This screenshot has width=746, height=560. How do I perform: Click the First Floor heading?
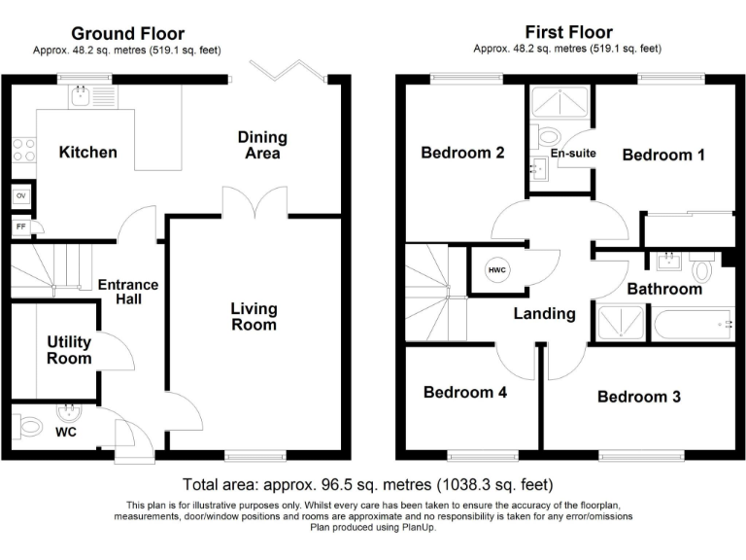coord(566,32)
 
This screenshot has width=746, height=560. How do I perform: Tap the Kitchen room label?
coord(87,152)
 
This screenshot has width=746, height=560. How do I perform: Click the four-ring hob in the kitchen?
coord(23,150)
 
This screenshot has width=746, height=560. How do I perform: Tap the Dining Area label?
coord(259,145)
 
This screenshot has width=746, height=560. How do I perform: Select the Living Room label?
coord(254,316)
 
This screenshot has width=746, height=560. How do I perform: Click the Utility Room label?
coord(69,350)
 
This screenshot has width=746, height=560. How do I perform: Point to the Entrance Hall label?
coord(127,292)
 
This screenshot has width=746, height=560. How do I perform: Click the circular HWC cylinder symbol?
coord(497,269)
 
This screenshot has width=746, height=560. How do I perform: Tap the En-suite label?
coord(573,154)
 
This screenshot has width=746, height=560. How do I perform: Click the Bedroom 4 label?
coord(464,393)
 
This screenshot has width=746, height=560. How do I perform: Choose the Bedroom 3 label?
coord(638,397)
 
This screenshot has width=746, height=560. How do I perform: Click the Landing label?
coord(544,313)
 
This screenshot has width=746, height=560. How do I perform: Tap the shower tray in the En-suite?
coord(560,102)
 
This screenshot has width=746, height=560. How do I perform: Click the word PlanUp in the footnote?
coord(416,528)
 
